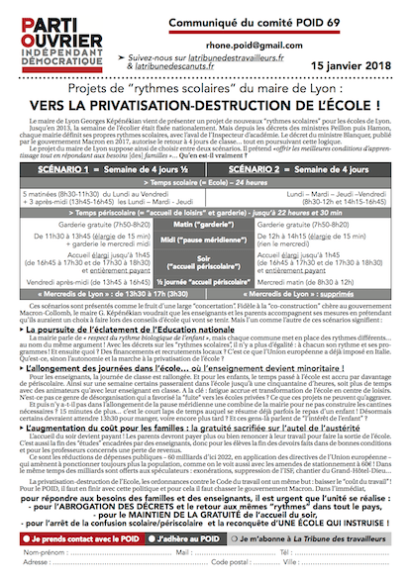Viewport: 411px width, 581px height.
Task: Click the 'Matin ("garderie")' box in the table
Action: pos(197,253)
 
